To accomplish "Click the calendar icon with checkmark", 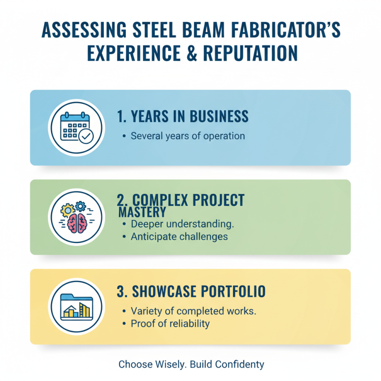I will [x=76, y=127].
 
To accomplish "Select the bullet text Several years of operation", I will [x=188, y=136].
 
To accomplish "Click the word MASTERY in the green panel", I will [x=142, y=211].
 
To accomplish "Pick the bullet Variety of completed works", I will [x=193, y=311].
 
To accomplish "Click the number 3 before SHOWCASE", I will [x=121, y=291].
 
